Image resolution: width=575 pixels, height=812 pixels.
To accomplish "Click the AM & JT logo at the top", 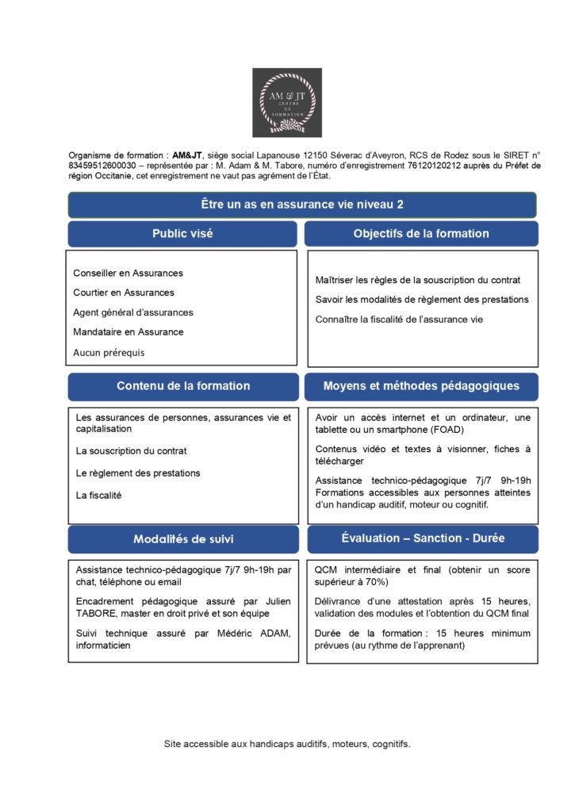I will click(287, 103).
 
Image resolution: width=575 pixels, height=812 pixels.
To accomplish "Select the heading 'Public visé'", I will click(182, 234).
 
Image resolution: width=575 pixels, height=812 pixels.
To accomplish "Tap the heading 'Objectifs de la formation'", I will click(421, 234).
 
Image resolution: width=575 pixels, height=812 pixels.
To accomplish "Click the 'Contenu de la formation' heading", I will click(183, 386).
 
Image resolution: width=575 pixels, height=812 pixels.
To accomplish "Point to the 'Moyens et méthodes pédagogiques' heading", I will click(421, 386).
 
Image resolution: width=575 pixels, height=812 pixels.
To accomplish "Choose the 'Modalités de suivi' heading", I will click(183, 539).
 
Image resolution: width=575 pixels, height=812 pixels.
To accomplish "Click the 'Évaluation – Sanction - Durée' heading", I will click(423, 538).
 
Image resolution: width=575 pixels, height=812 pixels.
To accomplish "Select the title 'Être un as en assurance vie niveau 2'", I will click(302, 205).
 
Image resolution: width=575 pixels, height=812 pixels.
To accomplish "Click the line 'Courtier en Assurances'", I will click(124, 293).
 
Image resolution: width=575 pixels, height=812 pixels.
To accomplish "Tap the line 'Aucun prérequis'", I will click(109, 352).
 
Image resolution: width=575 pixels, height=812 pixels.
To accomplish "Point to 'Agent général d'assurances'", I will click(132, 312).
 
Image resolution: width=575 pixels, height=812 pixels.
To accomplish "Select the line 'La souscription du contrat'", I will click(132, 451).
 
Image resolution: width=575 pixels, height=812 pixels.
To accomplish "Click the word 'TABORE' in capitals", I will click(96, 614).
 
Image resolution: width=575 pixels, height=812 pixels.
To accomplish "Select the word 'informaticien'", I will click(105, 645).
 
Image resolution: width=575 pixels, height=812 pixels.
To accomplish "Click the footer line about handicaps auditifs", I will click(287, 745).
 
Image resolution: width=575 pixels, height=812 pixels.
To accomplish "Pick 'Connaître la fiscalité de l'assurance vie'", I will click(399, 320).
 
